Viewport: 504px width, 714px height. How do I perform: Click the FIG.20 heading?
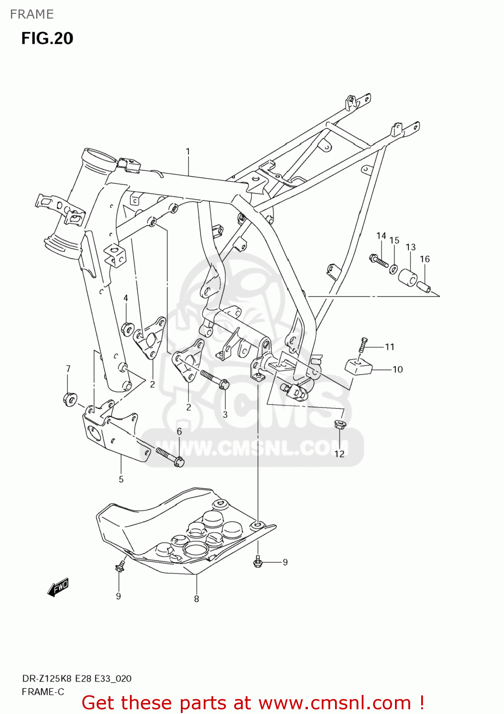click(x=47, y=38)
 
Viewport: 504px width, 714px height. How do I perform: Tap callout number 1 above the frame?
click(x=188, y=151)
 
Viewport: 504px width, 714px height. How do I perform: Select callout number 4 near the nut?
click(x=126, y=298)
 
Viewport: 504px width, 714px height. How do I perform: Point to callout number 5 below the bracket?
click(x=121, y=479)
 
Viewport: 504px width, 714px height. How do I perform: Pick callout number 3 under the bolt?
click(x=225, y=415)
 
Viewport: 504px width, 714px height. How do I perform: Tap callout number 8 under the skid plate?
click(x=197, y=599)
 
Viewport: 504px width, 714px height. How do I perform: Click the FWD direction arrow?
click(x=58, y=587)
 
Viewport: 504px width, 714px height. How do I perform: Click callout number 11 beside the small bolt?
click(x=390, y=347)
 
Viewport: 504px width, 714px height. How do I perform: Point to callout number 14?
click(x=381, y=236)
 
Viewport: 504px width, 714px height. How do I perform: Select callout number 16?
click(x=425, y=259)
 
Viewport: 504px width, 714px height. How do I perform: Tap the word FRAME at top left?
click(x=32, y=14)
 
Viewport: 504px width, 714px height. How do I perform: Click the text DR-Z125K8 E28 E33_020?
click(x=77, y=678)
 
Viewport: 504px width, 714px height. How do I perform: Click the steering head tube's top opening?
click(x=99, y=158)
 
